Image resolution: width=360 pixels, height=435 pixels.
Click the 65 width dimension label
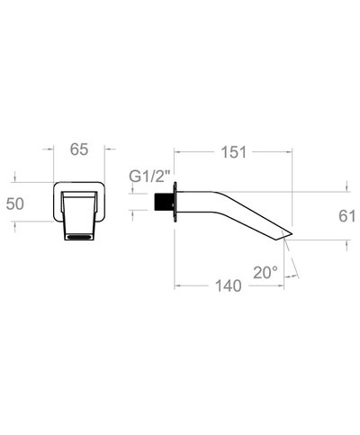click(79, 150)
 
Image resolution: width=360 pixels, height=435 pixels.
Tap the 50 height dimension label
click(15, 204)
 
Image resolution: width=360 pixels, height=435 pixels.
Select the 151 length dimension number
click(234, 152)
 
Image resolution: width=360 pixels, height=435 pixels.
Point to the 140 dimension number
click(229, 285)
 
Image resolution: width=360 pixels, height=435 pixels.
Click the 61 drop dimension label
click(347, 216)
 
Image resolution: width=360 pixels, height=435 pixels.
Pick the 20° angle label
click(265, 273)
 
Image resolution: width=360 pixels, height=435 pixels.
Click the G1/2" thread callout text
click(149, 177)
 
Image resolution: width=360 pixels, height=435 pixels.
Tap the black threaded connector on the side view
click(163, 202)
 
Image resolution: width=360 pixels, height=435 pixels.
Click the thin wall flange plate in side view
click(175, 202)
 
